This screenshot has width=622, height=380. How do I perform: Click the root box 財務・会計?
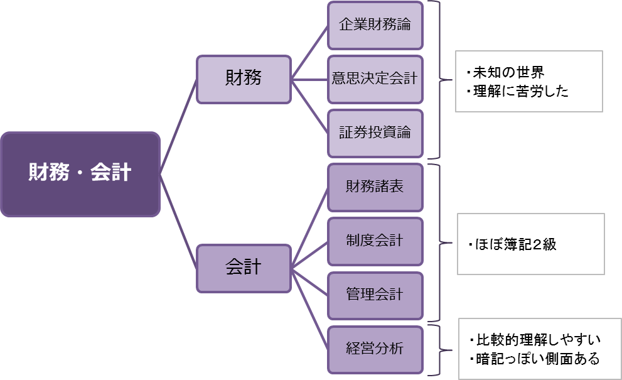pos(80,175)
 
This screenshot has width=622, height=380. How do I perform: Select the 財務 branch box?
pos(244,79)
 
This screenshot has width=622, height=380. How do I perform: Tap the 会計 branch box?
pos(244,268)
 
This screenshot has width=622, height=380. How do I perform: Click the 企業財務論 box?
pos(375,25)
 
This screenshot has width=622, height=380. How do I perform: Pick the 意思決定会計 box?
pos(375,79)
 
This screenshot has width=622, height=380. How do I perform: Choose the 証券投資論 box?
pos(375,133)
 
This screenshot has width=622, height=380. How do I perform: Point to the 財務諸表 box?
pos(375,187)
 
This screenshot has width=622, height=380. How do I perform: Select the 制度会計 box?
pos(375,241)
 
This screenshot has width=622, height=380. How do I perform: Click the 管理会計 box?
pos(375,296)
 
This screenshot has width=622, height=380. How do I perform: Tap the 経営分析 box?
pos(375,350)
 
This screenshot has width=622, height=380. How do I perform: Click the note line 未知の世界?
pos(505,72)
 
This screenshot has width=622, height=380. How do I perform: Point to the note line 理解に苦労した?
pos(517,91)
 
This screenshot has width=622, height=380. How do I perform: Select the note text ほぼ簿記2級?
pos(512,244)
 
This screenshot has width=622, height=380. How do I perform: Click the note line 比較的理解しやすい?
pos(535,340)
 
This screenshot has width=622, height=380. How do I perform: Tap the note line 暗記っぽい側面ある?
pos(534,359)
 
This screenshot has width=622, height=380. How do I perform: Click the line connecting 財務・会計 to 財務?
pos(178,127)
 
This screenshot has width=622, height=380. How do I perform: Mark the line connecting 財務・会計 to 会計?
pos(178,222)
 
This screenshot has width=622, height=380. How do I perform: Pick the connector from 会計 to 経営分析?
pos(309,309)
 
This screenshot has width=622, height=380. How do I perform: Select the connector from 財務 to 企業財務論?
pos(309,52)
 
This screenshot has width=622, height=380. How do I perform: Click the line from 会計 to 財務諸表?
pos(309,228)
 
